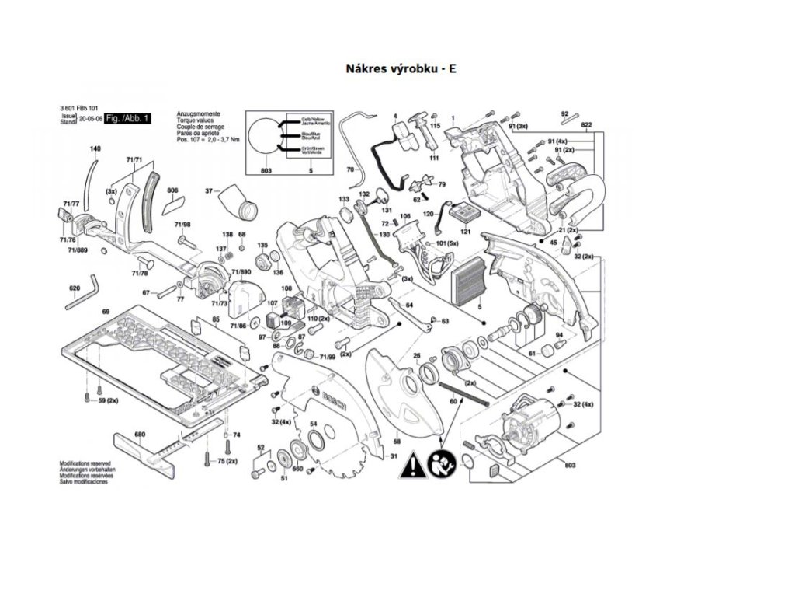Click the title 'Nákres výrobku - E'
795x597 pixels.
(401, 68)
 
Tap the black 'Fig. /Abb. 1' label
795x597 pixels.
(128, 118)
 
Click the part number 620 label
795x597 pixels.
(75, 289)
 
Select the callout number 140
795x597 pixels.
(95, 148)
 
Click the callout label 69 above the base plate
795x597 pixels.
(105, 312)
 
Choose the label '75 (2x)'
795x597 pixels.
(227, 462)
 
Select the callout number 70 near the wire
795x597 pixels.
(349, 169)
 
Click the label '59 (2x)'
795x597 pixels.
(107, 400)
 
